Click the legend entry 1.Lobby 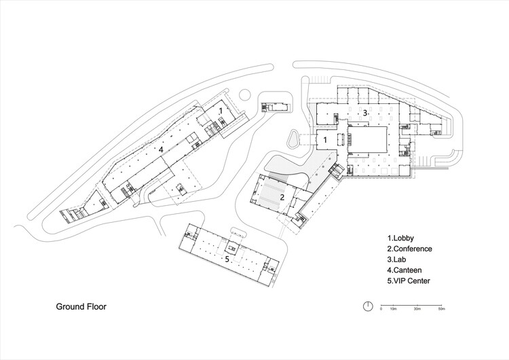click(x=400, y=238)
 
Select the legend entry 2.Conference click(x=410, y=249)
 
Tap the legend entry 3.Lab click(x=396, y=259)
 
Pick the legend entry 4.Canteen click(x=404, y=270)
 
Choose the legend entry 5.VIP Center click(x=409, y=281)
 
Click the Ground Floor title click(x=81, y=306)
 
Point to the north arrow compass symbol click(x=368, y=306)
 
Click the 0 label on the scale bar click(x=381, y=309)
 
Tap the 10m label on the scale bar click(x=393, y=309)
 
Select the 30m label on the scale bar click(x=417, y=309)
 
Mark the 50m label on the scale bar click(x=442, y=309)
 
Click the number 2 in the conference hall click(x=282, y=197)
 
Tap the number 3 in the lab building click(x=365, y=113)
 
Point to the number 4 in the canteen click(x=160, y=150)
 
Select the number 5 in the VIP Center click(x=227, y=259)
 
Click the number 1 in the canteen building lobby click(x=221, y=111)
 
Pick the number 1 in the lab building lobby click(x=325, y=140)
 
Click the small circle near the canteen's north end click(x=244, y=95)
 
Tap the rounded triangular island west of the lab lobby click(x=293, y=139)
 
